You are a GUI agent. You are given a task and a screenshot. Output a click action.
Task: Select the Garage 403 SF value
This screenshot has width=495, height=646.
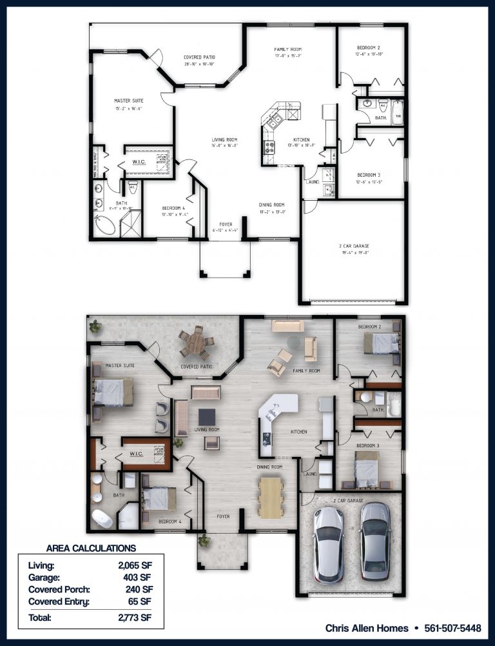[138, 578]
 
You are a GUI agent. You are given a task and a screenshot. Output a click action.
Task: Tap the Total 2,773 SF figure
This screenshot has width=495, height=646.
[134, 618]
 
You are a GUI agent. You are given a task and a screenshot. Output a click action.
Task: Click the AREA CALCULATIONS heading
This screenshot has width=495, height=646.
[91, 548]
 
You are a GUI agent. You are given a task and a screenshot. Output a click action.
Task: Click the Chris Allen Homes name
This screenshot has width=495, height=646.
[366, 628]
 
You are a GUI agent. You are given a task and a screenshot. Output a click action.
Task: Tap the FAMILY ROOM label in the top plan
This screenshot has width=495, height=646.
[287, 50]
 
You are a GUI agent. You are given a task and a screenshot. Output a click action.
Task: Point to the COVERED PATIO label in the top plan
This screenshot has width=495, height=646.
[199, 57]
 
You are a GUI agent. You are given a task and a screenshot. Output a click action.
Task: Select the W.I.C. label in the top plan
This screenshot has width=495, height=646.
[139, 162]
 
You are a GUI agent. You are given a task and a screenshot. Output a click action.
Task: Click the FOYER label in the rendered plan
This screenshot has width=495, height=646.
[223, 516]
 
